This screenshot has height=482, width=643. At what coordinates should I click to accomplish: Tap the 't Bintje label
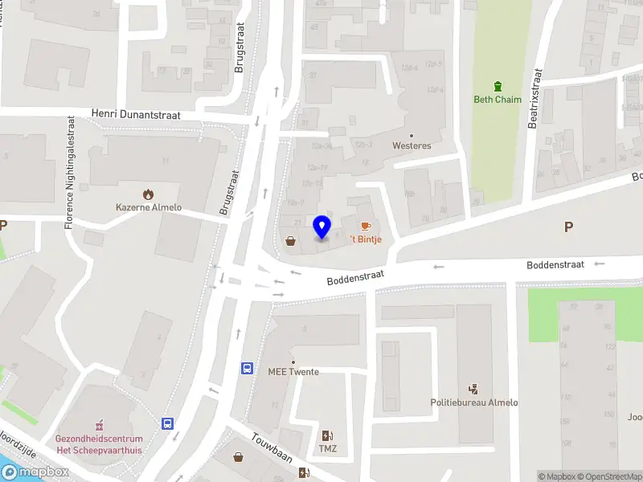click(365, 239)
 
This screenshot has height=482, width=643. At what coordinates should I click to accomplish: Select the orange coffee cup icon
click(365, 226)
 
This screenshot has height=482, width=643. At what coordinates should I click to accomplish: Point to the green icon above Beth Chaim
click(498, 86)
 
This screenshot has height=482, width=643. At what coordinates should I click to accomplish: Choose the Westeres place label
click(412, 146)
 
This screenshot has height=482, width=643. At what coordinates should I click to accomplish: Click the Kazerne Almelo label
click(149, 207)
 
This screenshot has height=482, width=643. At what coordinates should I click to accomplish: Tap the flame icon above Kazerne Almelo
click(148, 194)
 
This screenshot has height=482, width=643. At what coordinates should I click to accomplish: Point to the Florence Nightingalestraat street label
click(70, 172)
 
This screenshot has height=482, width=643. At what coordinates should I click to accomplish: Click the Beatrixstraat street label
click(536, 98)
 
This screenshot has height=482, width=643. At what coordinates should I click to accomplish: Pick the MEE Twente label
click(293, 372)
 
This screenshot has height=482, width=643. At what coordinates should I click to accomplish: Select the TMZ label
click(327, 448)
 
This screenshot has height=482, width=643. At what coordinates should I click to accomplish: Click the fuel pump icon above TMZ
click(327, 435)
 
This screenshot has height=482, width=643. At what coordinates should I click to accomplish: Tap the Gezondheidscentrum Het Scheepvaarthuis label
click(99, 443)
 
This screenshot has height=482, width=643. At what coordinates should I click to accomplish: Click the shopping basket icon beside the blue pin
click(290, 239)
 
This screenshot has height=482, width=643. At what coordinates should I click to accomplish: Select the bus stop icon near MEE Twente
click(248, 368)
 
